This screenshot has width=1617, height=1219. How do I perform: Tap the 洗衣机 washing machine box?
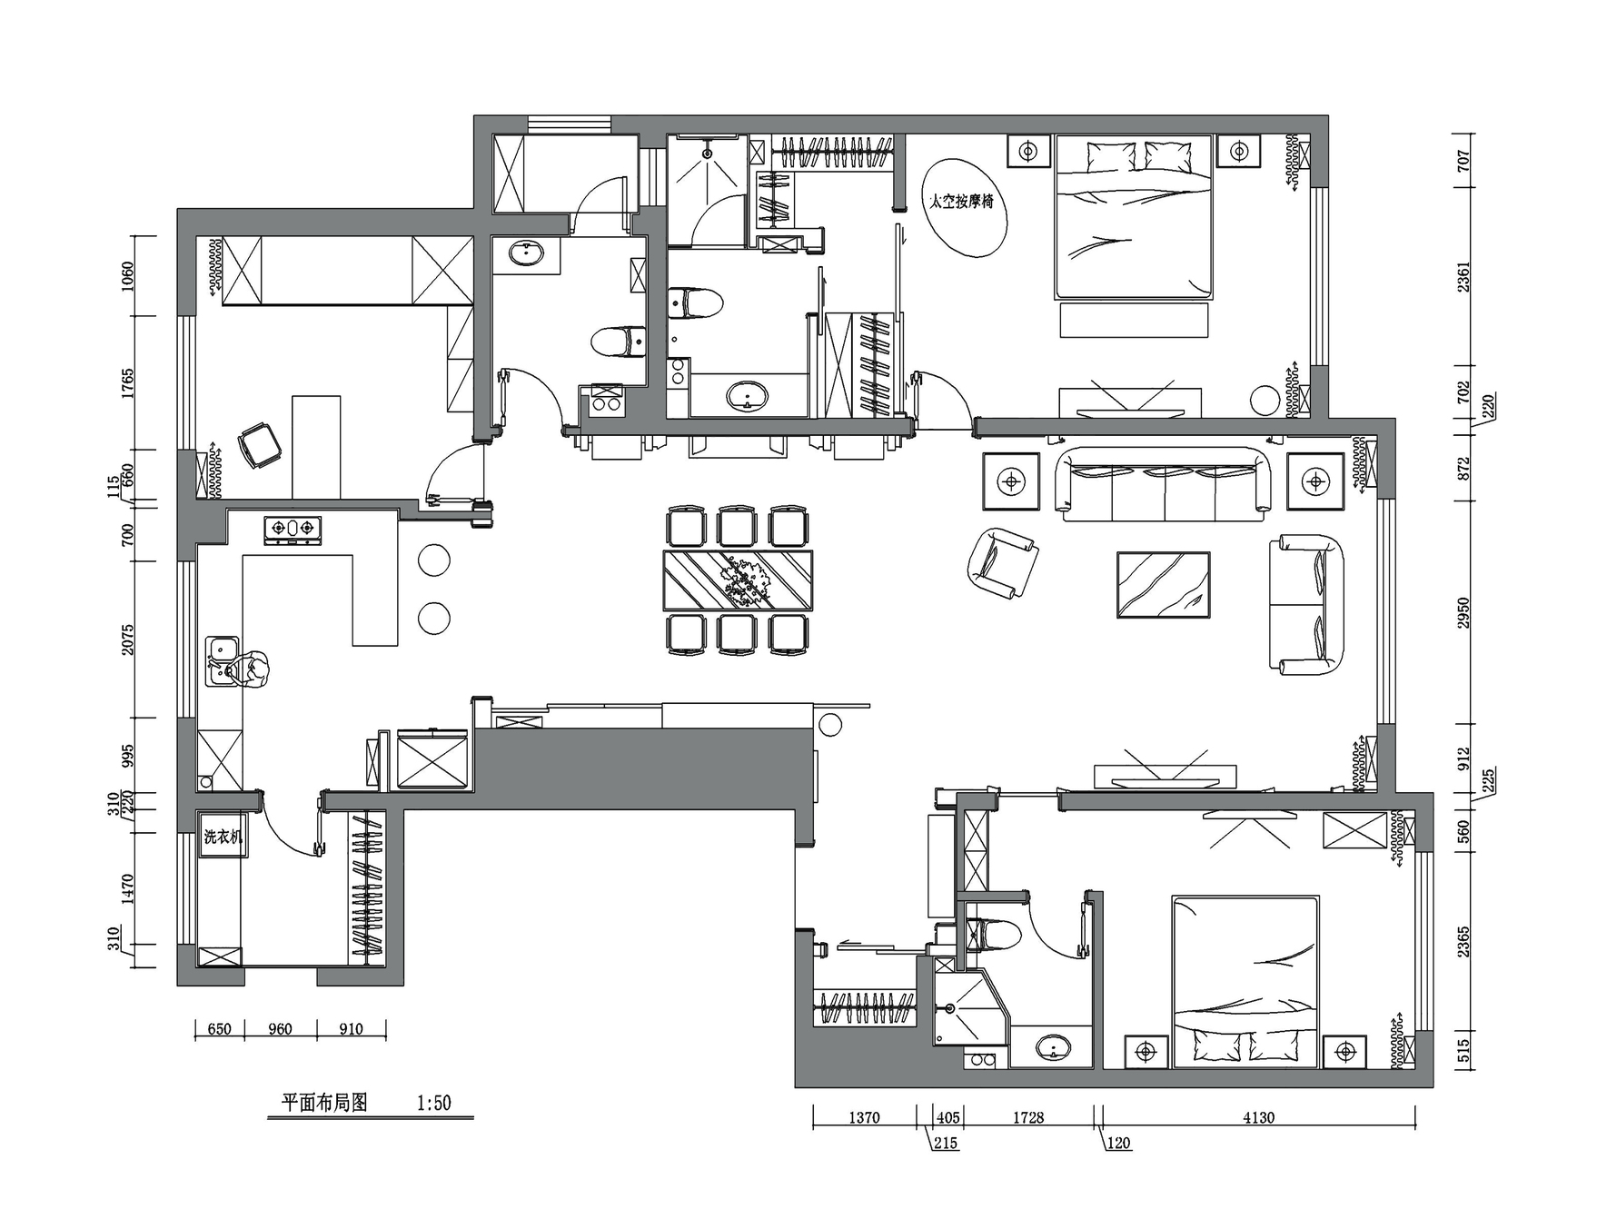(x=223, y=837)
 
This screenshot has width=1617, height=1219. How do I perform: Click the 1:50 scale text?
(x=433, y=1103)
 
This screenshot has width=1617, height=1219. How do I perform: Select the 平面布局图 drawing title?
(x=324, y=1103)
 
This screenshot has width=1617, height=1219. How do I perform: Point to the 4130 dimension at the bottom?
(x=1259, y=1118)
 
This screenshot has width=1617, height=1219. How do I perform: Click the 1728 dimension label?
(x=1028, y=1118)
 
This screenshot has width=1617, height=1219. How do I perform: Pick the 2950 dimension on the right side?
(x=1463, y=613)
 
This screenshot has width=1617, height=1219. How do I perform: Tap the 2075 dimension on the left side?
(x=127, y=639)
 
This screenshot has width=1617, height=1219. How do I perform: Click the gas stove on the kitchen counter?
(x=293, y=530)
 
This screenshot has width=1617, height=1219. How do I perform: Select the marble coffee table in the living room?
(x=1164, y=585)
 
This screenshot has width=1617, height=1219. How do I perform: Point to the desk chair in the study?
(x=259, y=445)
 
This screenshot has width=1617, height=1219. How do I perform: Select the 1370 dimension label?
(x=864, y=1118)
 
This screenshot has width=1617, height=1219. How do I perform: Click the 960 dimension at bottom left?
(x=280, y=1029)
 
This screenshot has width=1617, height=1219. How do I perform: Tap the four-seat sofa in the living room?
(x=1164, y=483)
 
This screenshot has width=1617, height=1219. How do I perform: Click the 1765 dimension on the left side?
(x=127, y=382)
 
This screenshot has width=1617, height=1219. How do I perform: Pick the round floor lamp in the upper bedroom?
(x=1264, y=401)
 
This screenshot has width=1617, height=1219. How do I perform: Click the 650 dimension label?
(x=219, y=1029)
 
